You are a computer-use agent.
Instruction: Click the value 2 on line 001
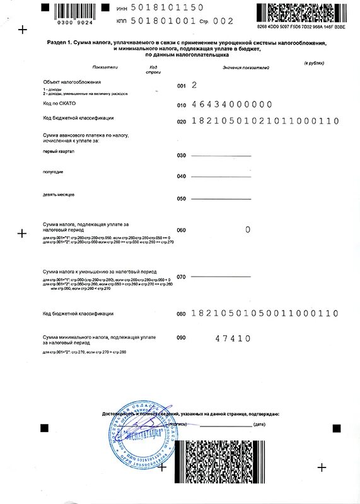194,84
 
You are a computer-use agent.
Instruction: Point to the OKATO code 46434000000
231,104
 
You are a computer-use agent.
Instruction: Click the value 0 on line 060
248,230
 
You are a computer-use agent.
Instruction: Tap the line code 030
182,155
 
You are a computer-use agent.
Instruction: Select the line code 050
182,198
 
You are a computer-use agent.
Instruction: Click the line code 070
182,277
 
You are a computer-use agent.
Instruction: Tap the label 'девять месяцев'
59,195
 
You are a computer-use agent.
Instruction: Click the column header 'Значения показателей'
245,67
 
